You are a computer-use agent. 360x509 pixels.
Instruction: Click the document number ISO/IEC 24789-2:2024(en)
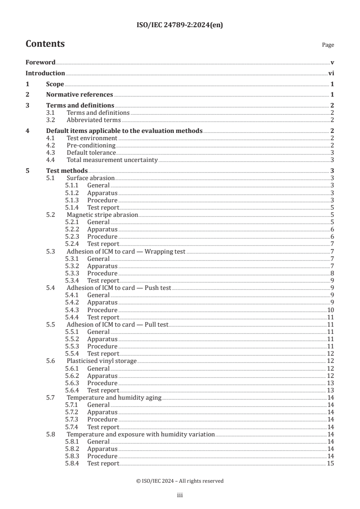point(180,25)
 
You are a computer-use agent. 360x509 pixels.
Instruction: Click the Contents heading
point(45,44)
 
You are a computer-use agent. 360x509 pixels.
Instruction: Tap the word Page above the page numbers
point(327,45)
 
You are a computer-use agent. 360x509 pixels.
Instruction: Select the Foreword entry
point(40,62)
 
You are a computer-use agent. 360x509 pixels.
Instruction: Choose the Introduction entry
point(45,73)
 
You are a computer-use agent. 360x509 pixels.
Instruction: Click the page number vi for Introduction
point(331,73)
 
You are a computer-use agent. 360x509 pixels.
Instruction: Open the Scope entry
point(55,84)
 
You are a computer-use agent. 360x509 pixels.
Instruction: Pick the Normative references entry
point(79,95)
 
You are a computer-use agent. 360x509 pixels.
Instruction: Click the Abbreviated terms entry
point(94,120)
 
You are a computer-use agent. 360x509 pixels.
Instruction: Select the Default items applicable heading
point(124,131)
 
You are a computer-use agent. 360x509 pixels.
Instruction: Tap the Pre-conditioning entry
point(91,146)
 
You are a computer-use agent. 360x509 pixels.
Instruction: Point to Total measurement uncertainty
point(112,160)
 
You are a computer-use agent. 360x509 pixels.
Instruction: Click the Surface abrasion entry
point(90,178)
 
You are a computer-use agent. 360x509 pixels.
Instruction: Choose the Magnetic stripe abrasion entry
point(102,215)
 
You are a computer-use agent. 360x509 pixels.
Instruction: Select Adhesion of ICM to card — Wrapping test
point(126,251)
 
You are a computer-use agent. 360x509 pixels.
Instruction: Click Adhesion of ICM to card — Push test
point(118,288)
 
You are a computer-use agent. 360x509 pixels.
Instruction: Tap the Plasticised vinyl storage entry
point(102,361)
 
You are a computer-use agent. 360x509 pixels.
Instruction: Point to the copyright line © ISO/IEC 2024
point(180,481)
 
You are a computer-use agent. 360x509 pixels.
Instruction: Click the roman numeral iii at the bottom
point(180,496)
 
